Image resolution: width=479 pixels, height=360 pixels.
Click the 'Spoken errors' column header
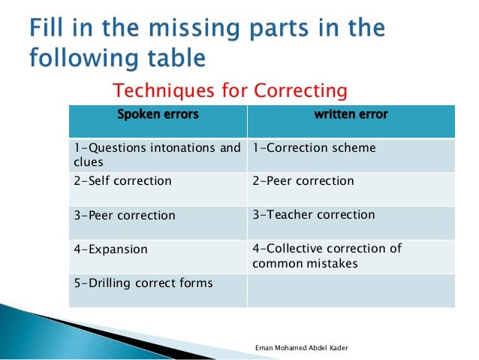click(x=158, y=115)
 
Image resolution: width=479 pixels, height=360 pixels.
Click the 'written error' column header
click(x=351, y=115)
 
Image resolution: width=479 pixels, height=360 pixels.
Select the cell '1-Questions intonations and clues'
click(x=158, y=155)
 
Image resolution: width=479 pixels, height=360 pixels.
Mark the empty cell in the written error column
click(x=351, y=290)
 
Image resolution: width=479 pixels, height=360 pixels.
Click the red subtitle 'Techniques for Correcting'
click(x=230, y=91)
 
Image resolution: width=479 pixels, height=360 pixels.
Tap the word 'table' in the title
click(x=176, y=58)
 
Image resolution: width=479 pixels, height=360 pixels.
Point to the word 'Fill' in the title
click(x=50, y=31)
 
